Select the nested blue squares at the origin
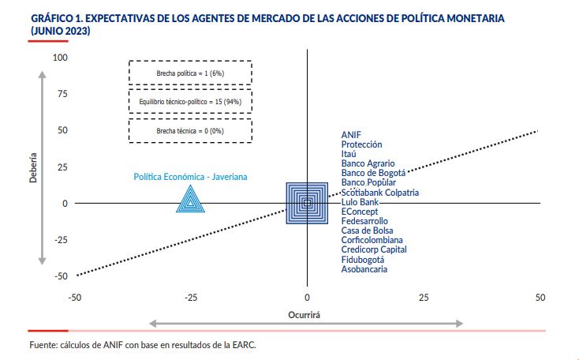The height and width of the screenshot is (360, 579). point(308,203)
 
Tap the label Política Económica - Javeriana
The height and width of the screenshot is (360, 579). point(190,177)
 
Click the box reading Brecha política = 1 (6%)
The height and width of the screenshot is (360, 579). point(190,73)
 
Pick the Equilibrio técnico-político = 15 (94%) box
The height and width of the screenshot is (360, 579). point(190,103)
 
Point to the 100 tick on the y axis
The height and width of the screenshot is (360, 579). point(61,58)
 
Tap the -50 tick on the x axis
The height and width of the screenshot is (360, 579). point(75,298)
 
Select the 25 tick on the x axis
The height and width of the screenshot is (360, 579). point(424,298)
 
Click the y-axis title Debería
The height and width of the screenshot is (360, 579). point(33,168)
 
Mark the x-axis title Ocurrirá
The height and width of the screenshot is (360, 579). point(307,313)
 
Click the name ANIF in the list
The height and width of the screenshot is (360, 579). point(351,135)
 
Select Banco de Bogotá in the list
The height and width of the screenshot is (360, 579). point(373,173)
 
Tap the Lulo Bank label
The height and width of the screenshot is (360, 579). point(360,202)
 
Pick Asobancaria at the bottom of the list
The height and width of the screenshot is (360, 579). point(364,269)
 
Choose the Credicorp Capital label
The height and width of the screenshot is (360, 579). point(374,249)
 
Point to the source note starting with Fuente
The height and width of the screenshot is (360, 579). point(142,344)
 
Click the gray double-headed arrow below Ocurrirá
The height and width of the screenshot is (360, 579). point(307,323)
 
